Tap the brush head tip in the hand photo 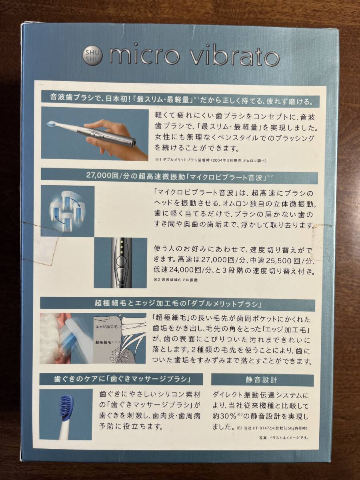point(52,124)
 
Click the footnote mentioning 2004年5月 point(210,160)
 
